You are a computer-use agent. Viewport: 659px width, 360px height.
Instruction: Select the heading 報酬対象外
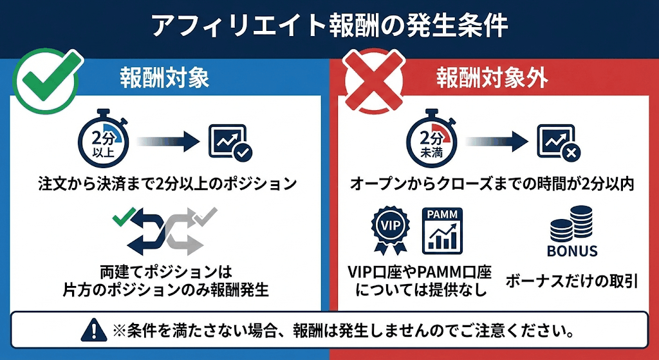click(492, 79)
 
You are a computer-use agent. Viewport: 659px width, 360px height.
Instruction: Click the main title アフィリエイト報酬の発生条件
click(329, 26)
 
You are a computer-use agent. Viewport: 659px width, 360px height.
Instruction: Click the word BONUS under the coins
click(572, 251)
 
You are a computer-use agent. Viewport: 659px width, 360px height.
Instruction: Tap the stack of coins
click(572, 223)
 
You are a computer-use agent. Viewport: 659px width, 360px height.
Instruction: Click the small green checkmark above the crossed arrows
click(121, 217)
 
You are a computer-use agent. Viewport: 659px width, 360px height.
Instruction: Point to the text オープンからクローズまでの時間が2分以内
click(492, 184)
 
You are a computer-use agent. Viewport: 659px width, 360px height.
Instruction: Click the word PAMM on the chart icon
click(444, 214)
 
